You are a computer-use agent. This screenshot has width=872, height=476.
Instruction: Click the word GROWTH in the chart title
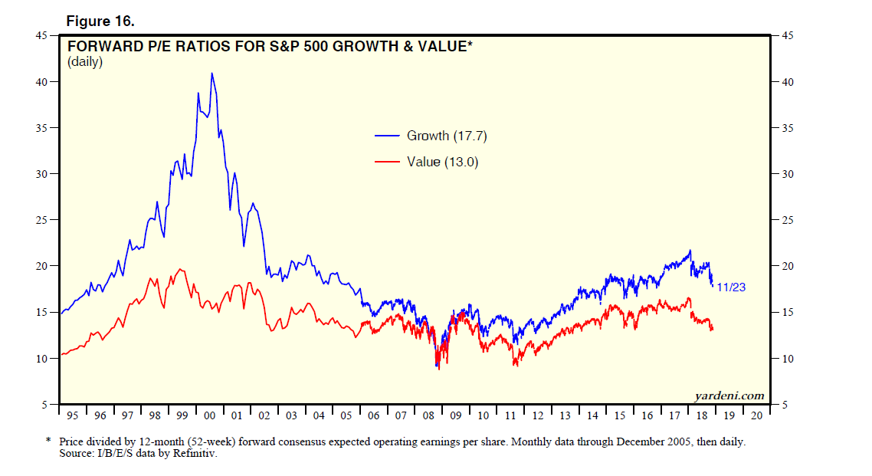coord(358,47)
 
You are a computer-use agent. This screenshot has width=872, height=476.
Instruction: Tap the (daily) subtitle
coord(85,61)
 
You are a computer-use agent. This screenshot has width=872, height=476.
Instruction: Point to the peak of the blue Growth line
coord(211,74)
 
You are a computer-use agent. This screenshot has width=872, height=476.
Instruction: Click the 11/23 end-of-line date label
coord(731,287)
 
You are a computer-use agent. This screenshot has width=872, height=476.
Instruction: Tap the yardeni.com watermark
coord(729,396)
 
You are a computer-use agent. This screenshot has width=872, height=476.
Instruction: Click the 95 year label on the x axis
coord(73,415)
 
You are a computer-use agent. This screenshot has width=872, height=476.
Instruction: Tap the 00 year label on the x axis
coord(210,415)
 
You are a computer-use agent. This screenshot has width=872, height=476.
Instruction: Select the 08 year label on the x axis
coord(428,415)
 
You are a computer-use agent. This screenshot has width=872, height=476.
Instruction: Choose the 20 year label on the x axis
coord(756,415)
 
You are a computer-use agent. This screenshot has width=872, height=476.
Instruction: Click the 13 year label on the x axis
coord(565,415)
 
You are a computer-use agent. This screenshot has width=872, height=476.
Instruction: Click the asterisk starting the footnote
coord(48,442)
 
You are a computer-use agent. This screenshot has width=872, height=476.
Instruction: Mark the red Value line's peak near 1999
coord(180,269)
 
